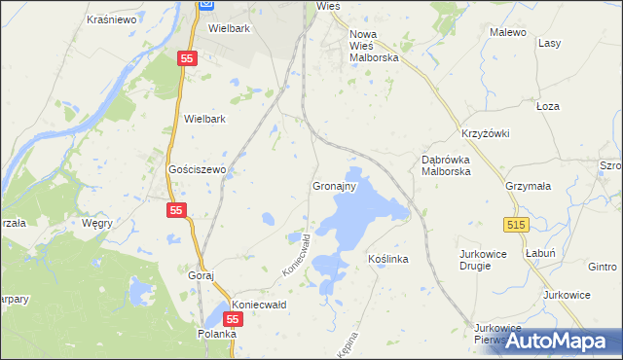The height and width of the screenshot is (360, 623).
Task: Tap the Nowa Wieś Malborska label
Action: (376, 46)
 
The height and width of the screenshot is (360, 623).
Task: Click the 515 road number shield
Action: (517, 224)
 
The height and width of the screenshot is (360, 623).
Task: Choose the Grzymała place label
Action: (529, 185)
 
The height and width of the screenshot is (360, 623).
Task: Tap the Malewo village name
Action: (508, 32)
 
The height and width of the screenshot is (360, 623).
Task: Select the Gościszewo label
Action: (198, 169)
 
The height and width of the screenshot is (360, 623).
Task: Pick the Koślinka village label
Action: (387, 260)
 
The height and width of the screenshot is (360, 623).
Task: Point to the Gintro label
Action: (603, 267)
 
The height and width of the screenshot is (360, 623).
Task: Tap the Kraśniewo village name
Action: (110, 18)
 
